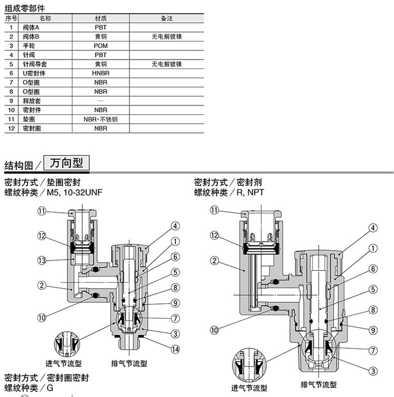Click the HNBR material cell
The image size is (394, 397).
pos(100,73)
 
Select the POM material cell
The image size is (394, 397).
pos(100,46)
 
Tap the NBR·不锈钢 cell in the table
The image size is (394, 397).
pos(100,119)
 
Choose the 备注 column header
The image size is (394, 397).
pos(167,18)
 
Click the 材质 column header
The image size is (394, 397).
pos(100,18)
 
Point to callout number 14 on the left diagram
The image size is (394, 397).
pos(175,349)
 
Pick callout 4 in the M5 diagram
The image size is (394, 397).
pos(175,226)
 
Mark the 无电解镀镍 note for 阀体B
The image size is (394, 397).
pos(167,37)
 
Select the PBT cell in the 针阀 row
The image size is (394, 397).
pos(100,55)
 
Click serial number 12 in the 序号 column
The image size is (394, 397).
pos(11,128)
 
